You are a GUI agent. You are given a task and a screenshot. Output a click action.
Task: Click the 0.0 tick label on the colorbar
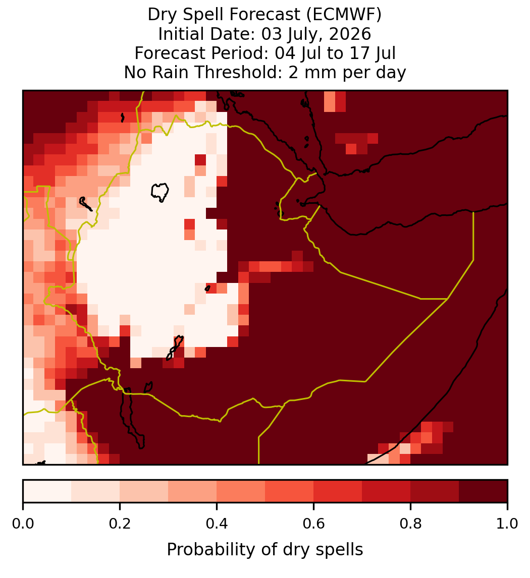pyautogui.click(x=23, y=524)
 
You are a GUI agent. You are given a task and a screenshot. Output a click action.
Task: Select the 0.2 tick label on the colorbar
pyautogui.click(x=120, y=524)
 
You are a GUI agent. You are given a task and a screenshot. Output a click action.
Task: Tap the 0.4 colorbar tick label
pyautogui.click(x=217, y=524)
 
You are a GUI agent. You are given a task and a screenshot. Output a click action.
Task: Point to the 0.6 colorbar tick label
pyautogui.click(x=314, y=524)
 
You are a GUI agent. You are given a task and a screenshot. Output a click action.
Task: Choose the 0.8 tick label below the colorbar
pyautogui.click(x=411, y=524)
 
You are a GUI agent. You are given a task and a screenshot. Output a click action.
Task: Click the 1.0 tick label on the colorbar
pyautogui.click(x=507, y=524)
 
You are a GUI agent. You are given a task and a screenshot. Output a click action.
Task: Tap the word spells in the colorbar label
pyautogui.click(x=342, y=550)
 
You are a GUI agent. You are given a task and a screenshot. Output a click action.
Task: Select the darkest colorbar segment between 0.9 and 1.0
pyautogui.click(x=483, y=491)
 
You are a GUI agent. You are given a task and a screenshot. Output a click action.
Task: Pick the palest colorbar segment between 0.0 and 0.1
pyautogui.click(x=47, y=491)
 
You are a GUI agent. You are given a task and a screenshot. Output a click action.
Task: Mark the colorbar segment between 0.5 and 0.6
pyautogui.click(x=290, y=491)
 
